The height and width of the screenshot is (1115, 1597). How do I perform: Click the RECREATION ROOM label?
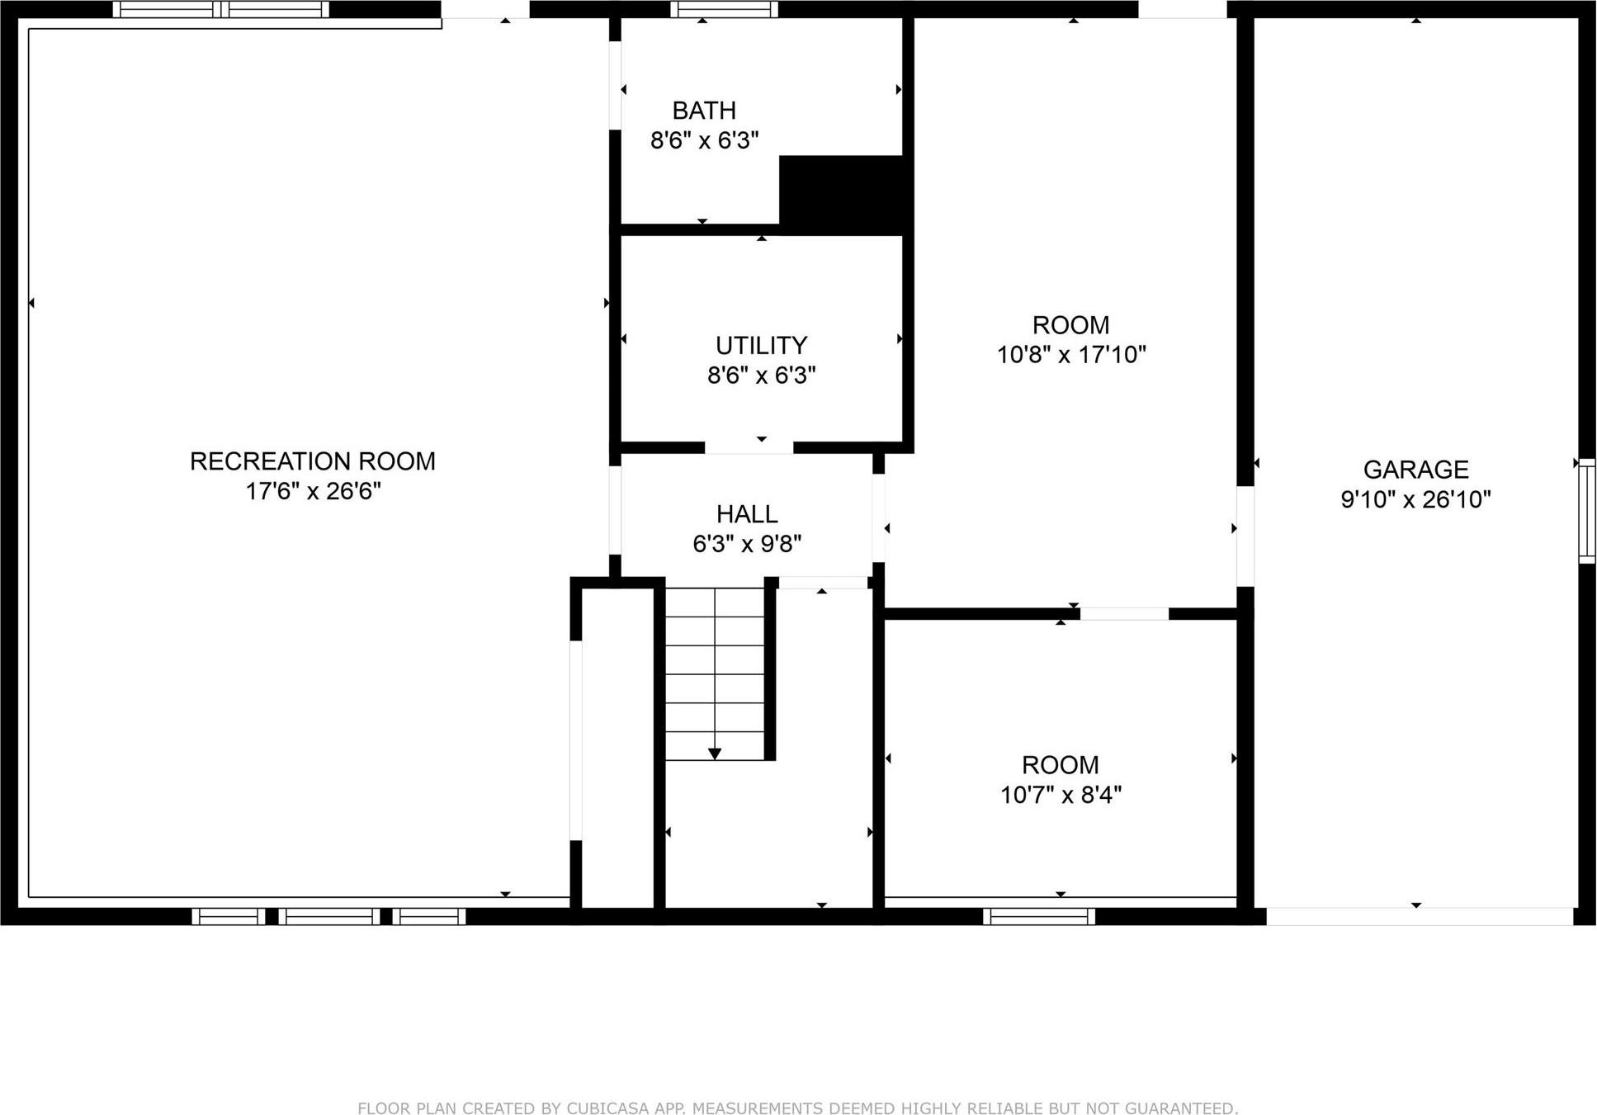[x=312, y=461]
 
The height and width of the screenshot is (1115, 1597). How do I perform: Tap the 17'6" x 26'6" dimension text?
[x=313, y=491]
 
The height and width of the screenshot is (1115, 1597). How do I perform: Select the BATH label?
[x=704, y=110]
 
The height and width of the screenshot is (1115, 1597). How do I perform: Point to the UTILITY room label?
[x=761, y=345]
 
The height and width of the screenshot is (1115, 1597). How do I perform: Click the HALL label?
[x=747, y=514]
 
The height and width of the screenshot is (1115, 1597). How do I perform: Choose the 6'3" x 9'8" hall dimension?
[x=747, y=544]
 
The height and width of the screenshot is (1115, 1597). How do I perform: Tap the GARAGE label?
[x=1415, y=470]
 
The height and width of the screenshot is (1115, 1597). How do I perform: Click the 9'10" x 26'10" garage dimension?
[x=1415, y=499]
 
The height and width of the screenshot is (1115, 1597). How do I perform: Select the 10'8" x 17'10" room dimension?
[x=1071, y=355]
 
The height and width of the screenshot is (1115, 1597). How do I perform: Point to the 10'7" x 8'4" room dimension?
[x=1061, y=795]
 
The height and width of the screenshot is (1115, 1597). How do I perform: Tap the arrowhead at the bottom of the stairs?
[x=715, y=754]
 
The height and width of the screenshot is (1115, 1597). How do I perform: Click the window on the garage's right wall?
[x=1586, y=511]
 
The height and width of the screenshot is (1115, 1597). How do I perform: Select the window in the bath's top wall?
[x=724, y=9]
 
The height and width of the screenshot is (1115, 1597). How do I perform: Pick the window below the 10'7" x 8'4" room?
[x=1038, y=916]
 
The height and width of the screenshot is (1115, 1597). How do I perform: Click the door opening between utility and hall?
[x=749, y=448]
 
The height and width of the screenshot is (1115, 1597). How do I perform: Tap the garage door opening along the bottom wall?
[x=1419, y=916]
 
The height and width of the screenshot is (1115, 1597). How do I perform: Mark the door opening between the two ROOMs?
[x=1124, y=613]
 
